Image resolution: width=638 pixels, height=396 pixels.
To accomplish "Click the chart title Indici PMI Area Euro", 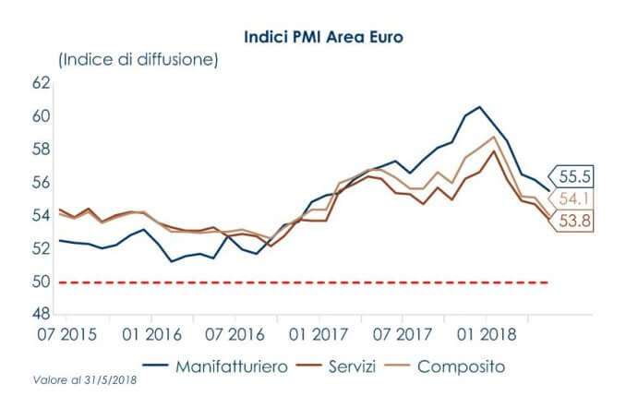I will pyautogui.click(x=319, y=39).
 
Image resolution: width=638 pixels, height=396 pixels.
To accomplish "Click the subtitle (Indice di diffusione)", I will pyautogui.click(x=138, y=61).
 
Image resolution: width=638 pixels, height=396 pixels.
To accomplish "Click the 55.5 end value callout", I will pyautogui.click(x=573, y=175).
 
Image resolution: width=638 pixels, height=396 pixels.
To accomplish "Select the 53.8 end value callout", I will pyautogui.click(x=573, y=222).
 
